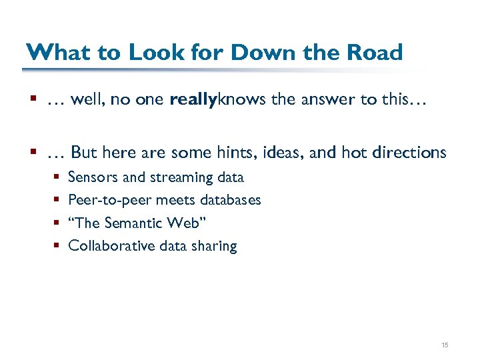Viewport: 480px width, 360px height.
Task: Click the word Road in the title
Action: coord(375,52)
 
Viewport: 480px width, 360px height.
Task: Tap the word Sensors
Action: coord(94,177)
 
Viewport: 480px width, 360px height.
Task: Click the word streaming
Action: coord(182,178)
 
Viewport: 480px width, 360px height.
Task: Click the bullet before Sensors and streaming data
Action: coord(57,178)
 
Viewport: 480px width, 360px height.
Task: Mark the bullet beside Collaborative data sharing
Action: coord(57,247)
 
